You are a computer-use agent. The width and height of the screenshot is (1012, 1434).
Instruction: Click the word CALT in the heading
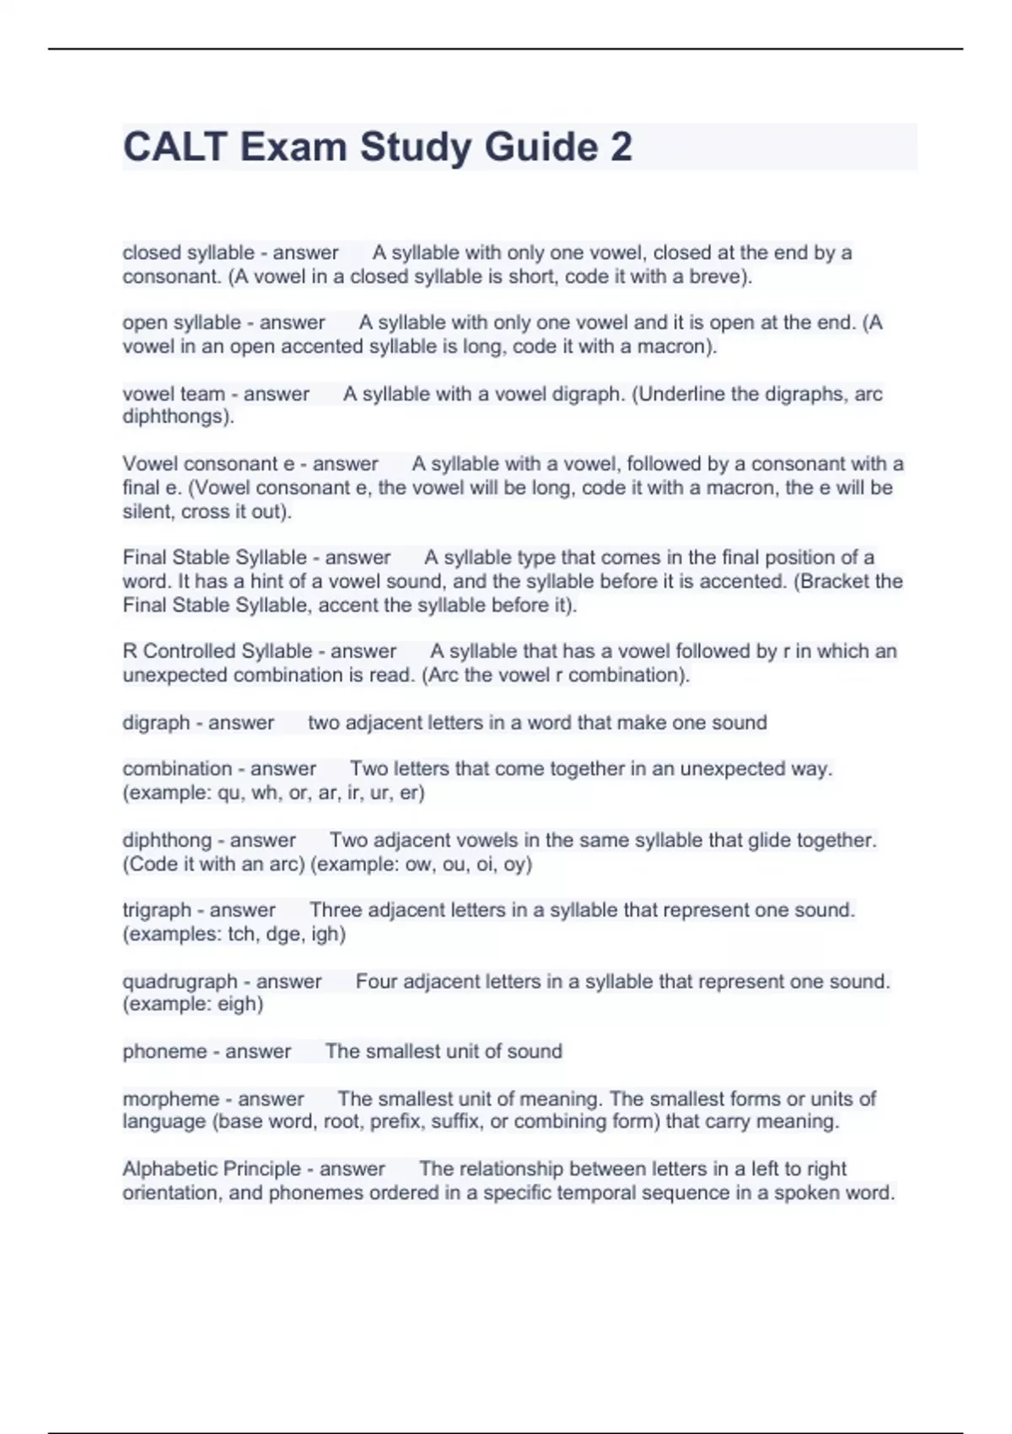[x=175, y=147]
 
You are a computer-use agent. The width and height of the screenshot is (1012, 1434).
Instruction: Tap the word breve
[x=716, y=277]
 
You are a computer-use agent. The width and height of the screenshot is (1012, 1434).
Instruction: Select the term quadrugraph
[x=180, y=982]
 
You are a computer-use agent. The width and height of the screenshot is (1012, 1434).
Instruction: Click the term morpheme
[x=170, y=1099]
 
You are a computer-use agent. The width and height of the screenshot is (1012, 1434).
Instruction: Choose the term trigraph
[x=157, y=910]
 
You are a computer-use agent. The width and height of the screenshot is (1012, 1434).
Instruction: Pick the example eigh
[x=240, y=1005]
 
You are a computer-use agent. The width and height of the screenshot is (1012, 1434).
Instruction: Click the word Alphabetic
[x=169, y=1169]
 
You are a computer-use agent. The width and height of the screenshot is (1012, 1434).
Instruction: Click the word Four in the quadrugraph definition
[x=375, y=982]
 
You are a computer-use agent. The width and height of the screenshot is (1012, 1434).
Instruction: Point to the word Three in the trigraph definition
[x=335, y=910]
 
